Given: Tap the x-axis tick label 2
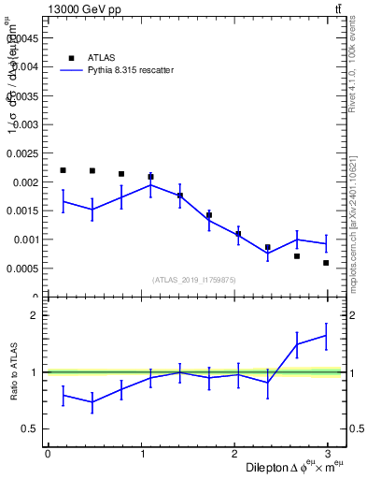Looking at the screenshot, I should point(237,454).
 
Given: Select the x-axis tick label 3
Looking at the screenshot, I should point(332,454).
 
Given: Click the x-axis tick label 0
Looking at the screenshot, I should point(48,454).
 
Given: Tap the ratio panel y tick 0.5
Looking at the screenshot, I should point(30,429).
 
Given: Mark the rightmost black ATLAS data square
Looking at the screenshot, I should point(326,263).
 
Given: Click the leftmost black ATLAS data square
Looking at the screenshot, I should point(63,170).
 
